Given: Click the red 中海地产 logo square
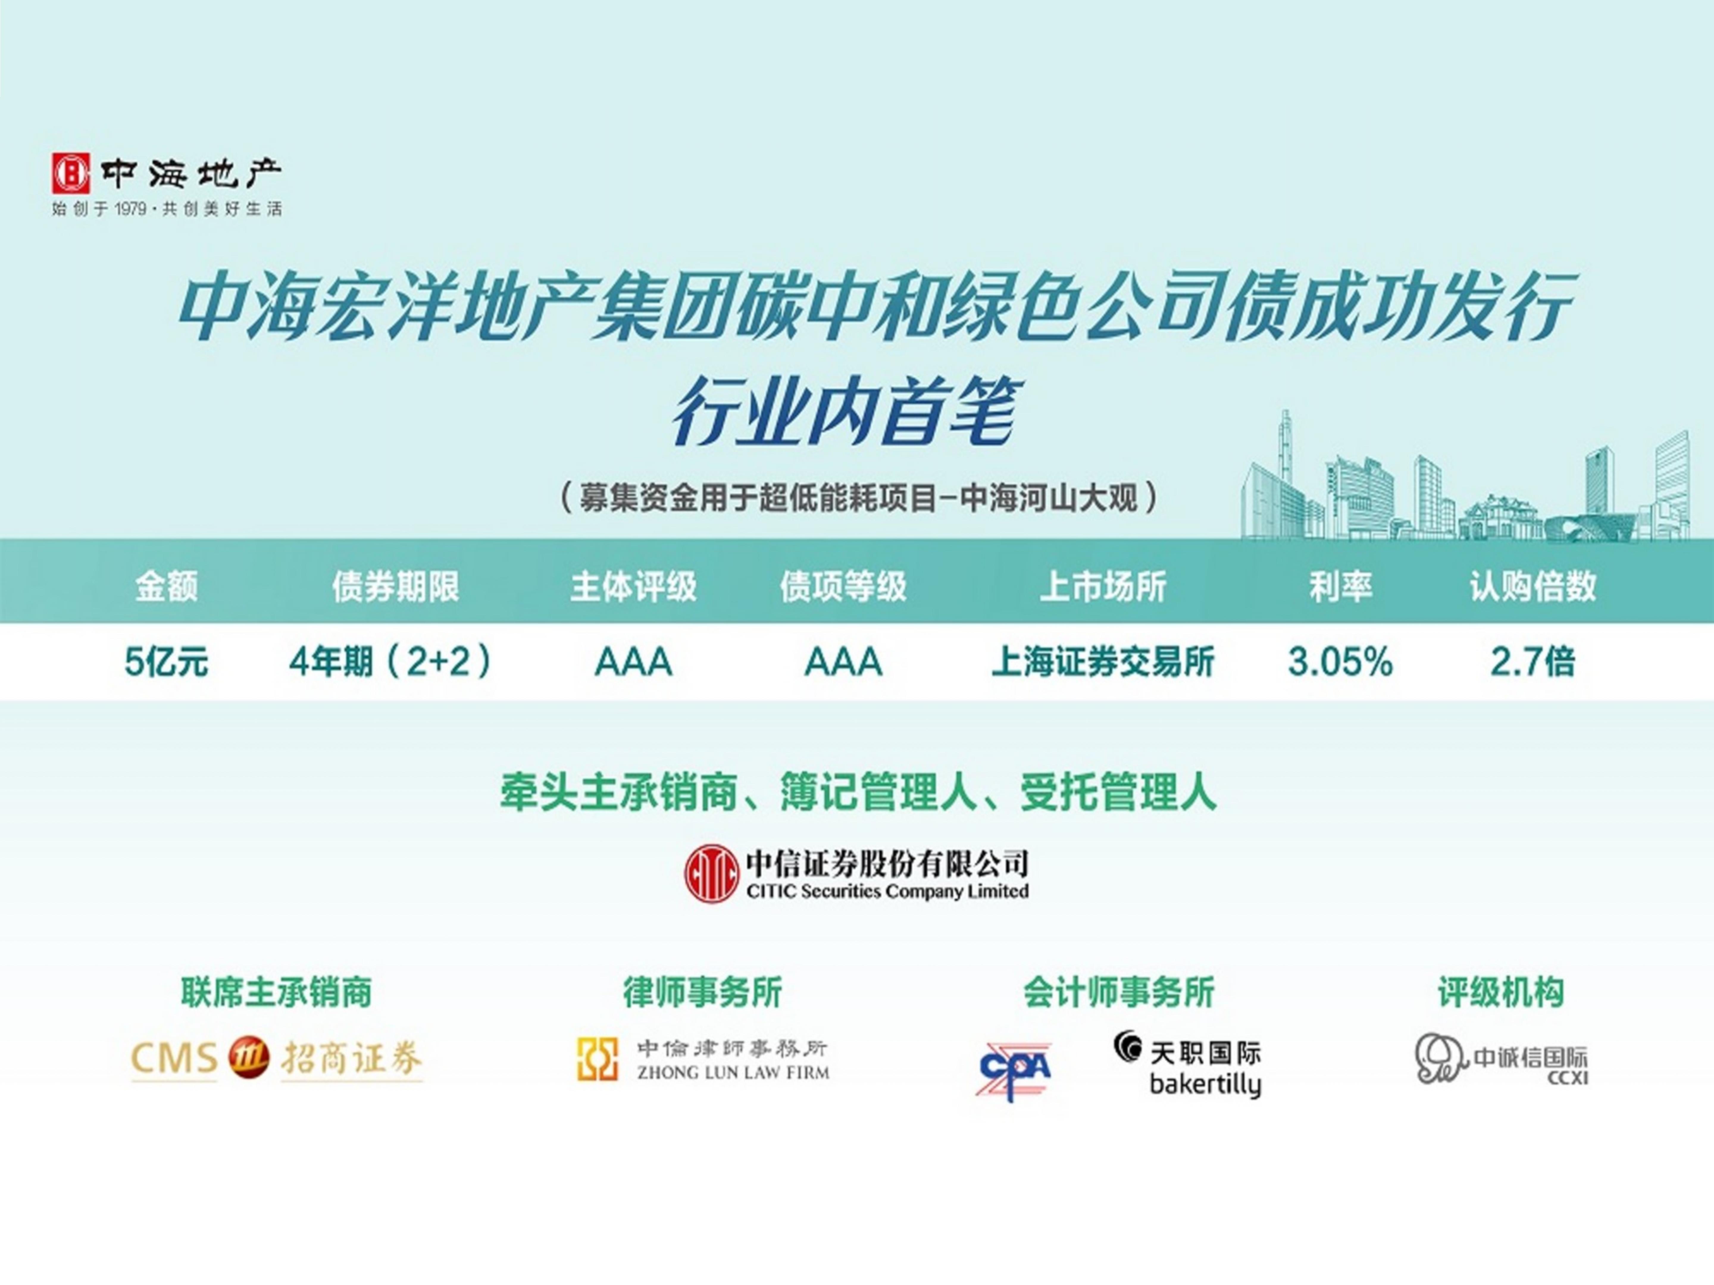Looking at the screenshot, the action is click(71, 173).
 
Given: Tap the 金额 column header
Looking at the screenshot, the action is click(167, 586).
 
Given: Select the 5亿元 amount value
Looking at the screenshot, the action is click(167, 662).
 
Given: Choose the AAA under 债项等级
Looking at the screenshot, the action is click(843, 662).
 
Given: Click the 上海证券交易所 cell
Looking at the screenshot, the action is click(1102, 662).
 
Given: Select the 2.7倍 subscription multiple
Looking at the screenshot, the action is click(1533, 662).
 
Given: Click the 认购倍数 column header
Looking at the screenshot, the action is click(1533, 586).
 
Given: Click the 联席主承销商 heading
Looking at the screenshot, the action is click(277, 992).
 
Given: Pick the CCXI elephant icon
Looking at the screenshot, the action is click(1440, 1058).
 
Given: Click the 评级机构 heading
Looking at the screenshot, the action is click(1501, 992).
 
